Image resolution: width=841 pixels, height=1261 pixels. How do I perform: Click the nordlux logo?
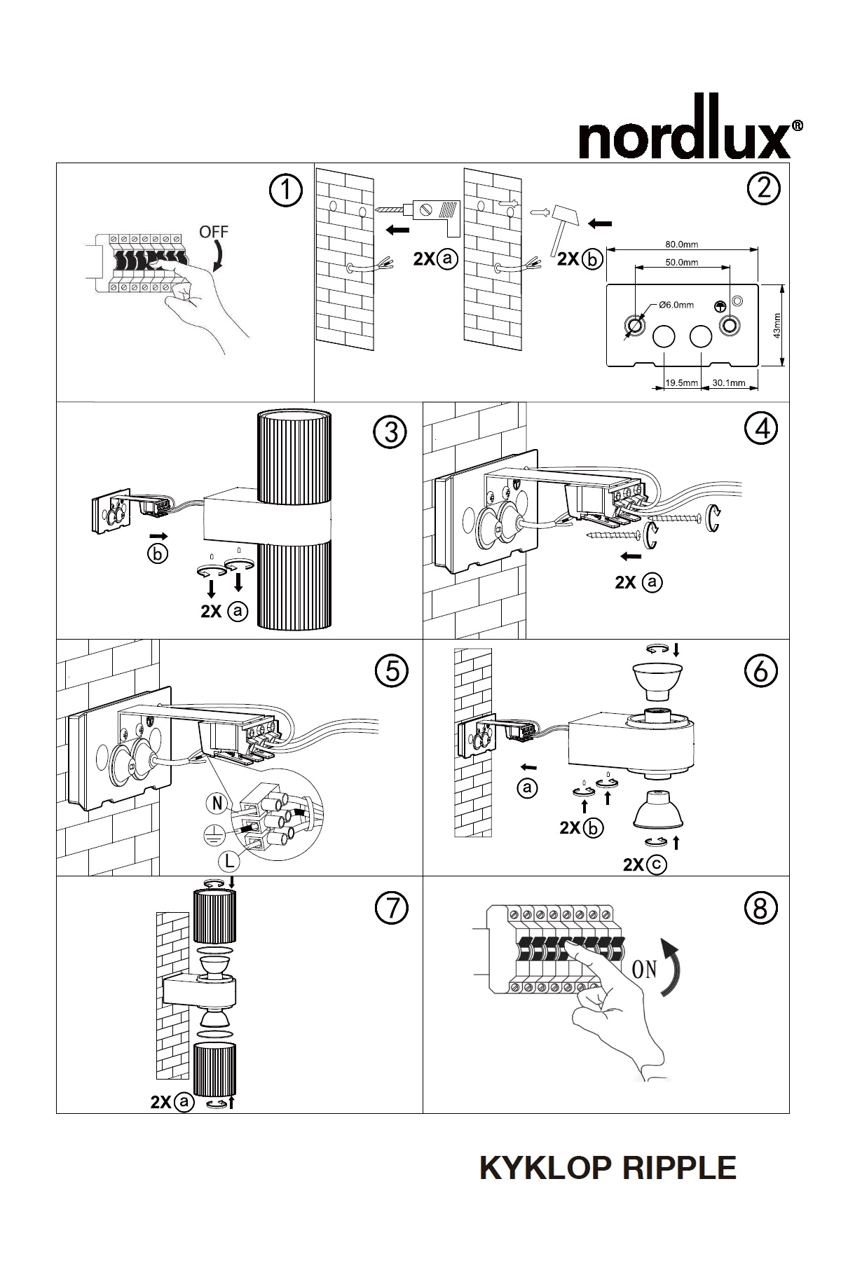click(x=691, y=138)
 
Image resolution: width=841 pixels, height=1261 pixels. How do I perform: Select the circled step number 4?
click(x=761, y=428)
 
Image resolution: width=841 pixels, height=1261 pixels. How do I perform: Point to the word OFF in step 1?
click(x=214, y=232)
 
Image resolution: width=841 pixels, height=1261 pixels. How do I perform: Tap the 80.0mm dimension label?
click(x=681, y=244)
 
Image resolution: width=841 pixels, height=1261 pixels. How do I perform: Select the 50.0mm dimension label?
click(x=681, y=263)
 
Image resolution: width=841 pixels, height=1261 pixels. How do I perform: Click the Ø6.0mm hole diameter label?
click(x=676, y=305)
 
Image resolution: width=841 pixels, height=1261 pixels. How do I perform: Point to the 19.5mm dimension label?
click(x=682, y=383)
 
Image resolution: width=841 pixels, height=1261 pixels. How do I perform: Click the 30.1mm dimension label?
click(x=729, y=383)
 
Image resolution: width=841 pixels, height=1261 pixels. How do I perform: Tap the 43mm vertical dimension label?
click(x=776, y=325)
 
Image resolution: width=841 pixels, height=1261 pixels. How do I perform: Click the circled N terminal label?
click(x=217, y=803)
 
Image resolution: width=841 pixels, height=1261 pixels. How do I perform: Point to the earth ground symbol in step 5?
click(x=214, y=832)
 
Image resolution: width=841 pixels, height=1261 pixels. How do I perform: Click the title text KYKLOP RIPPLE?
click(x=608, y=1169)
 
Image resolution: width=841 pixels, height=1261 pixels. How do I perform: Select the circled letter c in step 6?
click(x=657, y=865)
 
